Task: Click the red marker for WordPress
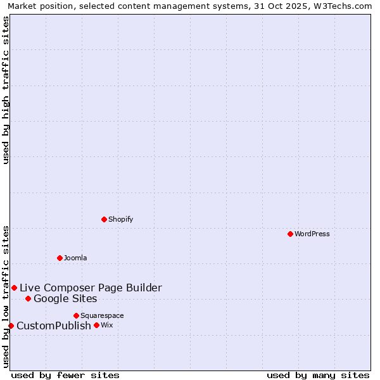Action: tap(290, 234)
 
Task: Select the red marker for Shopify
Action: tap(104, 219)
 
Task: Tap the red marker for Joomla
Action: tap(60, 258)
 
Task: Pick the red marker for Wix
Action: tap(96, 325)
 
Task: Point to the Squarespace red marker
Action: tap(76, 315)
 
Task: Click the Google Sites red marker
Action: tap(28, 298)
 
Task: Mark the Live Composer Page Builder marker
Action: tap(14, 288)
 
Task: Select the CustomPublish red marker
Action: tap(11, 326)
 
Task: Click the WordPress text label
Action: tap(312, 234)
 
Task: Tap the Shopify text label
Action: tap(120, 219)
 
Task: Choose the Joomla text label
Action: tap(75, 258)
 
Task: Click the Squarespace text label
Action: tap(102, 315)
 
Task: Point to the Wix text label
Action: tap(106, 325)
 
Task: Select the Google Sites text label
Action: tap(65, 298)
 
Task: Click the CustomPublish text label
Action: tap(54, 326)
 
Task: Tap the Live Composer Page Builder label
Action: tap(91, 288)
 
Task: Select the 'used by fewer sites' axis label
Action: tap(65, 375)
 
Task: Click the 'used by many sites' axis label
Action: tap(318, 375)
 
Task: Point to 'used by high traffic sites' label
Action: tap(6, 90)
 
